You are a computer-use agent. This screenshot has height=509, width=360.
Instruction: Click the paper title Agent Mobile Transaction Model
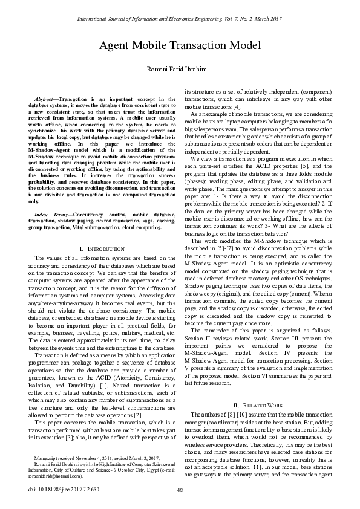pyautogui.click(x=180, y=46)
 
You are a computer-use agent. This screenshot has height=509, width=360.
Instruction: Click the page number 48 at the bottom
pyautogui.click(x=180, y=491)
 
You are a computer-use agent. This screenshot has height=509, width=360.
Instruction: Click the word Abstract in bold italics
pyautogui.click(x=45, y=98)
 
